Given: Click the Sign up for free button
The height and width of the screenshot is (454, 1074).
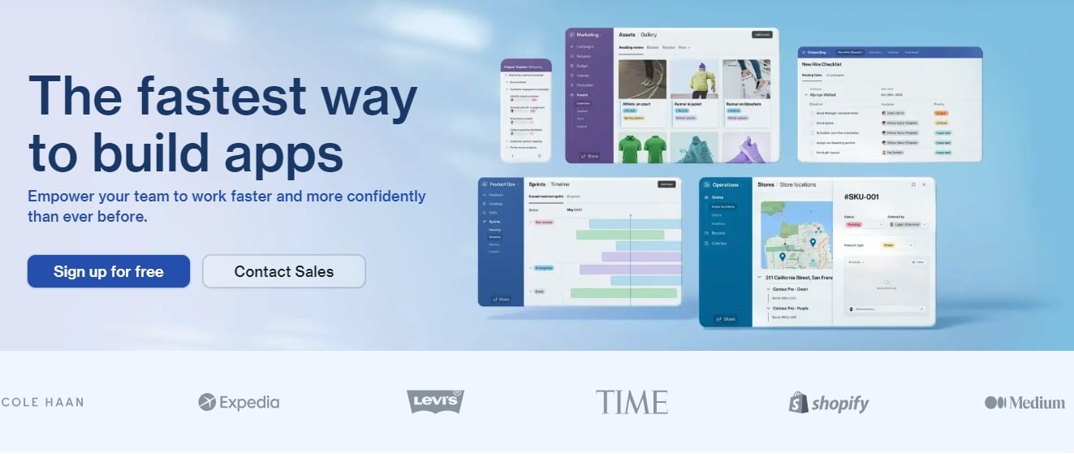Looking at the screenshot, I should [x=109, y=271].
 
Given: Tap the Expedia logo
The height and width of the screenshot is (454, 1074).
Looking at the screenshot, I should [x=239, y=402].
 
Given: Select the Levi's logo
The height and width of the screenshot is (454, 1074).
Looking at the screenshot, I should [x=435, y=401].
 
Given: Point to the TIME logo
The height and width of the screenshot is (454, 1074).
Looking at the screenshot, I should [x=632, y=402].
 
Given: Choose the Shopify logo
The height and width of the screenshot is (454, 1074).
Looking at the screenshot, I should [x=829, y=403].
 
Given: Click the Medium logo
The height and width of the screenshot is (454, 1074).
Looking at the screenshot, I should [x=1024, y=402].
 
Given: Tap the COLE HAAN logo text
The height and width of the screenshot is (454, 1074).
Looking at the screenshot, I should [x=42, y=402].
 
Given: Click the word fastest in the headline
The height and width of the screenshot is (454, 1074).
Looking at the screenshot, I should [x=222, y=95].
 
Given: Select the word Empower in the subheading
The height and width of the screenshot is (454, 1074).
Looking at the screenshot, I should [x=59, y=197].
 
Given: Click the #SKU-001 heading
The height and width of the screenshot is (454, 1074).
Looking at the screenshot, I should [x=862, y=197].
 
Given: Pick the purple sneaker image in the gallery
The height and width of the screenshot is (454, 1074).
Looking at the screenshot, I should [x=746, y=148].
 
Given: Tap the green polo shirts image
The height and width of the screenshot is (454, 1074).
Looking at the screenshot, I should [x=642, y=148].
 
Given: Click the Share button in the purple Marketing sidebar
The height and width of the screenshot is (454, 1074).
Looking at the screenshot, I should [x=589, y=156].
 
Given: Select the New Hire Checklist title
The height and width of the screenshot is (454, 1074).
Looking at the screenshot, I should [x=822, y=64].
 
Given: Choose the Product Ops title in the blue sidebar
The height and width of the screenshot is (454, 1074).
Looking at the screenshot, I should [x=502, y=184].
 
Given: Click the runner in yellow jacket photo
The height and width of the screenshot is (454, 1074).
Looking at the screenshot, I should [x=694, y=79].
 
